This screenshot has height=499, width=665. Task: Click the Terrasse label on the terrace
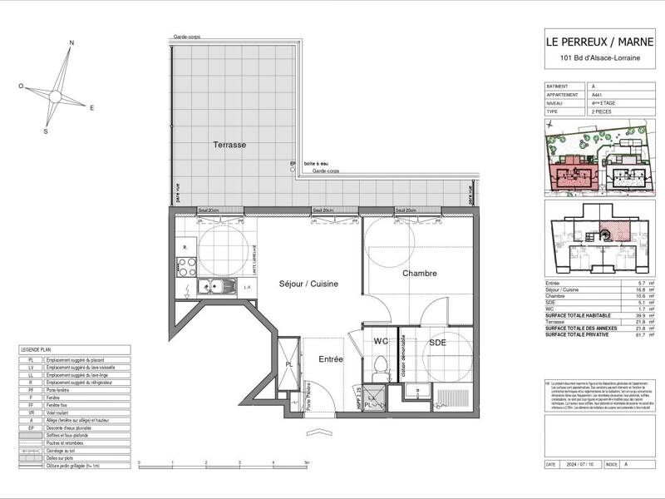(229, 145)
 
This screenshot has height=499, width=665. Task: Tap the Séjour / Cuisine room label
(308, 284)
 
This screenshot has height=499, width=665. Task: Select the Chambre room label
(420, 274)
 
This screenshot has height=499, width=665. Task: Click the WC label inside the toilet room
(381, 341)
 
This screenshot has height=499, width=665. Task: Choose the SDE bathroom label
(438, 342)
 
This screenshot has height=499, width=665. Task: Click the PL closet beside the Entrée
(288, 363)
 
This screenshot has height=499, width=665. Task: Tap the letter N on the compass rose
(71, 42)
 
